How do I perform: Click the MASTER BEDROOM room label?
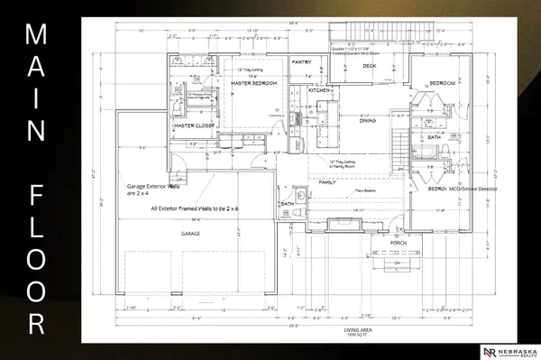[252, 84]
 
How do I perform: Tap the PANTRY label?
[301, 62]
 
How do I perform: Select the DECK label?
[369, 66]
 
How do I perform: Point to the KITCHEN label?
[320, 91]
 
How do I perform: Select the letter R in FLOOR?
[37, 323]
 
